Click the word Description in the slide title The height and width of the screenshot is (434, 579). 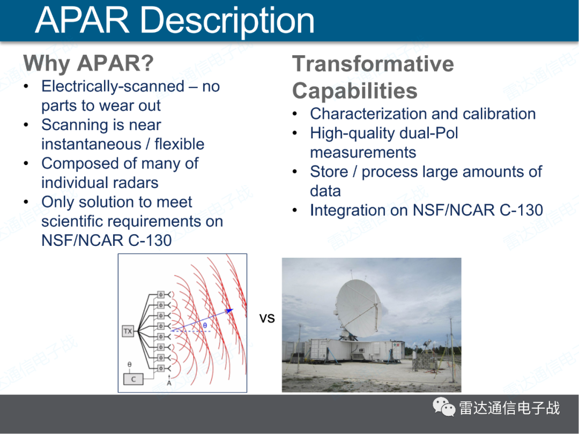point(227,21)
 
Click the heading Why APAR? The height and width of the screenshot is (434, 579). point(88,63)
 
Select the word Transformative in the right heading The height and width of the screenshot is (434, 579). point(373,63)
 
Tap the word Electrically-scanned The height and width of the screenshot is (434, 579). point(113,86)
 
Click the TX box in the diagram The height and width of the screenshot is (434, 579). point(128,331)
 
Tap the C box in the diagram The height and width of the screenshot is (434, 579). point(133,379)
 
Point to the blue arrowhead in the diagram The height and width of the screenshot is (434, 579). point(229,310)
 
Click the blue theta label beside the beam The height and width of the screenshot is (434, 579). point(205,326)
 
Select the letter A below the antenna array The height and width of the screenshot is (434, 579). point(169,383)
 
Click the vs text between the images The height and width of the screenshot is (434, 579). point(267,318)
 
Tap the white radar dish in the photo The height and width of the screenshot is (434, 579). point(358,308)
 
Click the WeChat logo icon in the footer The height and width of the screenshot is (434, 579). point(444,407)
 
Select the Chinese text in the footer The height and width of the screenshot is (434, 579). point(509,408)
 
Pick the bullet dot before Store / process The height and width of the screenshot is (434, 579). point(295,171)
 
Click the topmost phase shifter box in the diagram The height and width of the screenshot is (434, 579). point(161,295)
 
